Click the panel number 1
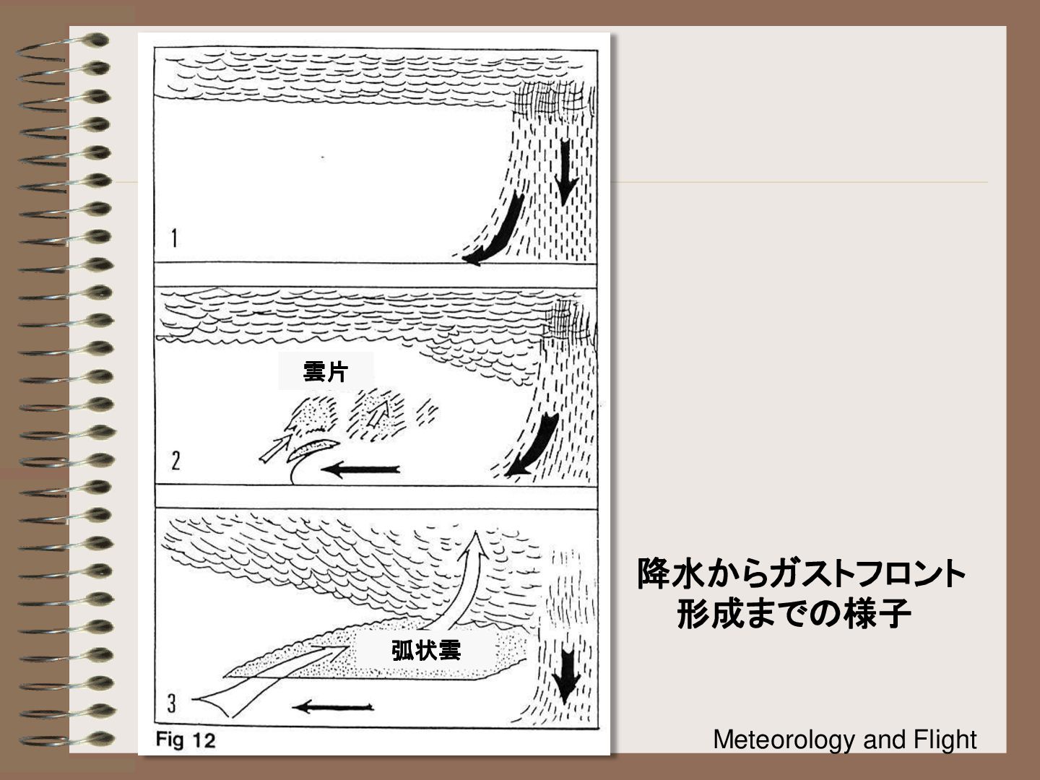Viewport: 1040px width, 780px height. tap(175, 238)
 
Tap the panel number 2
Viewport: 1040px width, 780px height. tap(175, 461)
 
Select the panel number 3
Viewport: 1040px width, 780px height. tap(171, 703)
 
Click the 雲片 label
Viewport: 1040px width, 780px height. tap(326, 372)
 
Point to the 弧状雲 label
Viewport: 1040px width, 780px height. tap(426, 650)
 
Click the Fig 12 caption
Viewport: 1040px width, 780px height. tap(186, 740)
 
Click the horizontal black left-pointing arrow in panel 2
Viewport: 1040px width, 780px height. tap(360, 469)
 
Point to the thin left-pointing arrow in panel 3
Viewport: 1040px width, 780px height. tap(333, 708)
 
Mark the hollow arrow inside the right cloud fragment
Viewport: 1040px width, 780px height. tap(378, 413)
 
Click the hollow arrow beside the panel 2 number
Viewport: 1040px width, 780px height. tap(275, 448)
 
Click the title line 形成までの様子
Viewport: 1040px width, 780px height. tap(794, 614)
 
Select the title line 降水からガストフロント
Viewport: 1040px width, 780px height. tap(802, 573)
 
